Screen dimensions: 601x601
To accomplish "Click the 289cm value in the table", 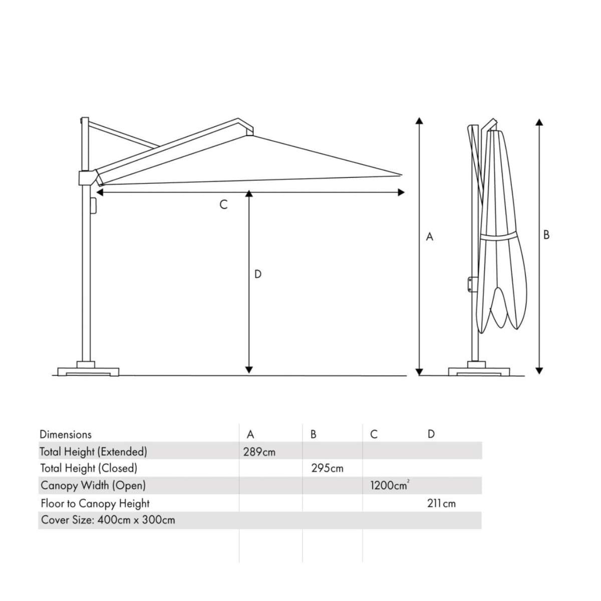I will [259, 452].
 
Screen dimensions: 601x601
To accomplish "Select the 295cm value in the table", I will [327, 468].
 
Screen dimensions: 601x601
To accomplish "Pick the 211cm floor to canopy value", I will [441, 503].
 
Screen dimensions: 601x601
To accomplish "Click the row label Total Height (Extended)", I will [93, 452].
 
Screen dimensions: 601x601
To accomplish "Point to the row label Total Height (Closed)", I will [89, 468].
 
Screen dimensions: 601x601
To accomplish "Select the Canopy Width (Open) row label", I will [93, 485].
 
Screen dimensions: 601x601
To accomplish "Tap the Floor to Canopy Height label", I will [95, 503].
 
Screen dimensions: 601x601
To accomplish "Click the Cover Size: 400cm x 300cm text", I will [108, 520].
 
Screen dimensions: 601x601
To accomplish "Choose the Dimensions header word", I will [66, 434].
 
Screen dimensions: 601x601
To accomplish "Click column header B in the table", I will [314, 434].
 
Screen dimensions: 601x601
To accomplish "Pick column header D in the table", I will [431, 434].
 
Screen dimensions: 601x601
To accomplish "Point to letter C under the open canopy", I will [224, 205].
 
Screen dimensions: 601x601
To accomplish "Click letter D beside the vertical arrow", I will [258, 274].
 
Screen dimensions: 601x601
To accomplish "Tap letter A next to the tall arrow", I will [429, 237].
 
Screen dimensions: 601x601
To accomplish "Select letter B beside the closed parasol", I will [546, 234].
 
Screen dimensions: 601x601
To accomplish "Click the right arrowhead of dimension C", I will [401, 192].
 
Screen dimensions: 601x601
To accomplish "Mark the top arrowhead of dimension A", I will [419, 120].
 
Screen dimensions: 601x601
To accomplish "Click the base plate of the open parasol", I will [88, 371].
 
